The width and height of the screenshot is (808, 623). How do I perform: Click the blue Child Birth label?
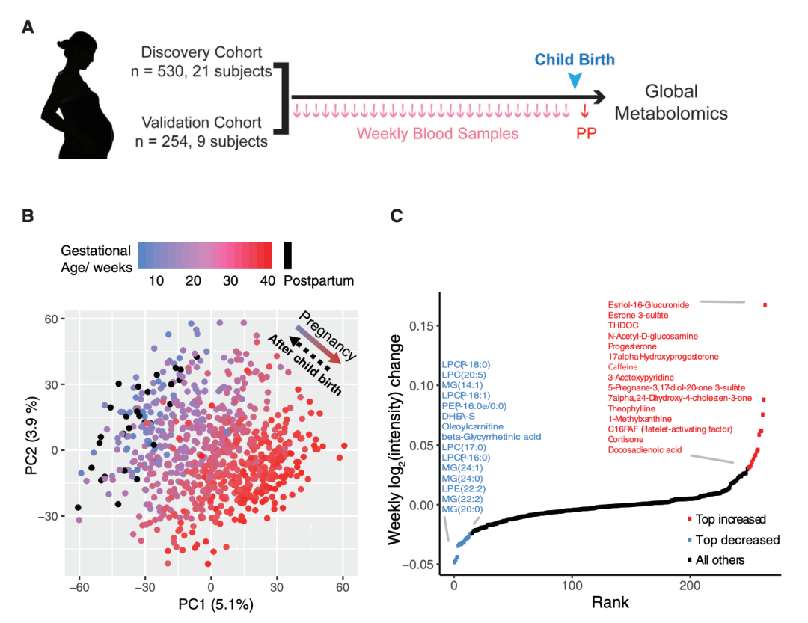click(575, 60)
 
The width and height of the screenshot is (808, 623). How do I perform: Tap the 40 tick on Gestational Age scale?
click(265, 280)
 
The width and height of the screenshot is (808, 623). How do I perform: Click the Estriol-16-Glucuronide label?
click(649, 304)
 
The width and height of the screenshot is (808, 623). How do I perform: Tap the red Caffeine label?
click(622, 367)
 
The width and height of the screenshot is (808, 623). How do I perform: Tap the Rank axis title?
click(610, 601)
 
